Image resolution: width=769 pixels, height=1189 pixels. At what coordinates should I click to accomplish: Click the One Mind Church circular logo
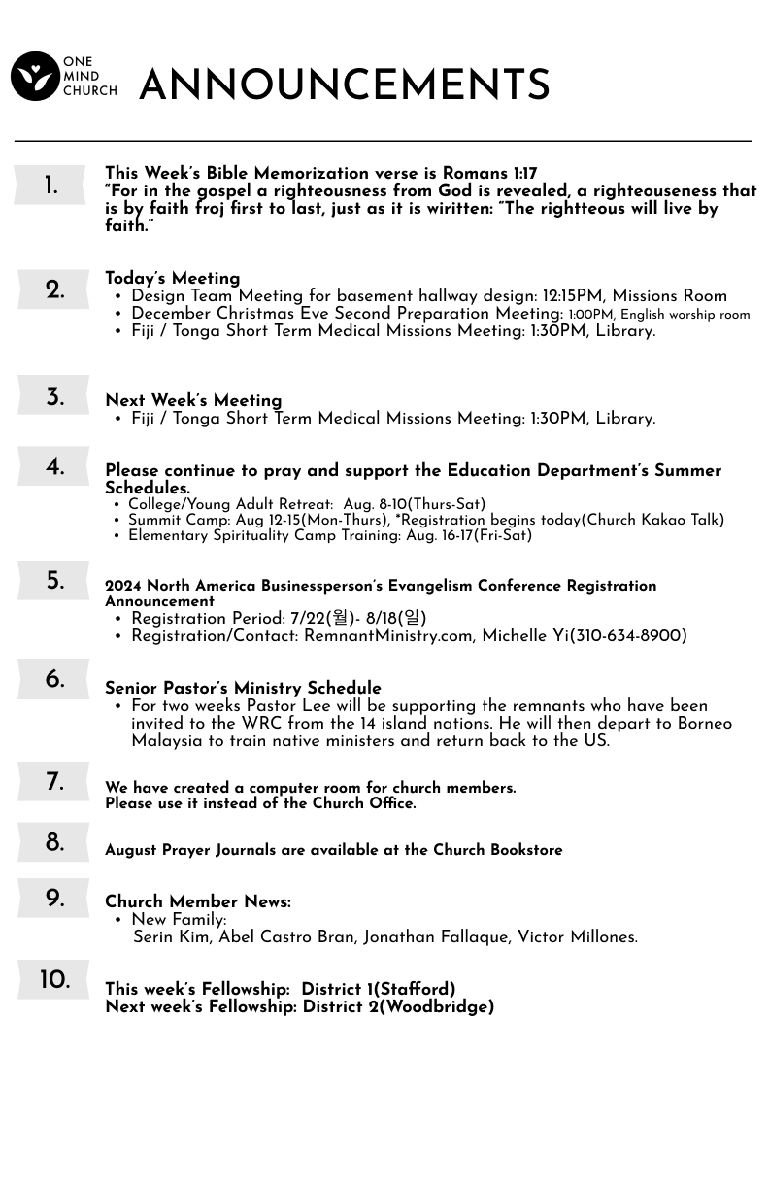coord(35,77)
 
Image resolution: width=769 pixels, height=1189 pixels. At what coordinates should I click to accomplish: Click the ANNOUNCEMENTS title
coord(345,86)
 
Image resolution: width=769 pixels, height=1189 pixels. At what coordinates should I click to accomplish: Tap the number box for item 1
coord(50,186)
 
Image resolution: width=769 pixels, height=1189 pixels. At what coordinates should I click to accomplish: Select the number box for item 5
coord(53,581)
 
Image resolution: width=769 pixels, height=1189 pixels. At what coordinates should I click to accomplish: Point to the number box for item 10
coord(53,980)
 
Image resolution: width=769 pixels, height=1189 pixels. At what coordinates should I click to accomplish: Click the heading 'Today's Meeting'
coord(172,279)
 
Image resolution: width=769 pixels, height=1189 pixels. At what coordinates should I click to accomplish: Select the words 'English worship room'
coord(685,315)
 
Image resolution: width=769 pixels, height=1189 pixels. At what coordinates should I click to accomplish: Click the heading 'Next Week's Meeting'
coord(193,401)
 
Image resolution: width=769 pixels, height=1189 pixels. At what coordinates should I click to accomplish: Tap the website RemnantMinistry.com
coord(387,636)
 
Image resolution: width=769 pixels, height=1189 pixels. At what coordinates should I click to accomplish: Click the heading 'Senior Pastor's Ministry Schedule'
coord(243,689)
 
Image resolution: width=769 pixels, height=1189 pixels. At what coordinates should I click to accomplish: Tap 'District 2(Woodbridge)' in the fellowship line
coord(398,1007)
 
